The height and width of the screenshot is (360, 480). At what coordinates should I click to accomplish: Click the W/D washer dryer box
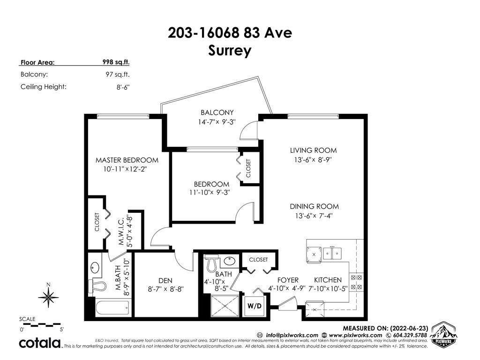[255, 306]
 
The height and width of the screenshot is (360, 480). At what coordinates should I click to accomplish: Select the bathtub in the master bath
[112, 307]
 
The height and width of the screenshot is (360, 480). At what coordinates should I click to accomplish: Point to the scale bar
[40, 324]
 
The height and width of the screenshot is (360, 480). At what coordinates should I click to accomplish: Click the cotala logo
[40, 343]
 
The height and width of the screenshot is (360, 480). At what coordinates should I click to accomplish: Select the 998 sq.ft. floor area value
[116, 62]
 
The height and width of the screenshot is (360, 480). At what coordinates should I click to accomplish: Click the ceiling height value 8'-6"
[123, 87]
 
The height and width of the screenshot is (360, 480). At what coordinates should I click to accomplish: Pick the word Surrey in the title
[230, 51]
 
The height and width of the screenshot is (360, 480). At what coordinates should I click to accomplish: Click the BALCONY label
[217, 112]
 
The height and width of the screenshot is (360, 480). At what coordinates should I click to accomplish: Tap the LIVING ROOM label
[313, 150]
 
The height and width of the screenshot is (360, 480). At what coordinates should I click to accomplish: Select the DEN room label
[165, 280]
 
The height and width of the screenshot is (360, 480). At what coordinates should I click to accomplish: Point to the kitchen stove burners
[356, 282]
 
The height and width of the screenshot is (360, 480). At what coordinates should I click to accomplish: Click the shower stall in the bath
[225, 306]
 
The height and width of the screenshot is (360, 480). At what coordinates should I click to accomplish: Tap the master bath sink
[95, 268]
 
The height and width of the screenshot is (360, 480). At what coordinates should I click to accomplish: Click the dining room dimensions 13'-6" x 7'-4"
[314, 216]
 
